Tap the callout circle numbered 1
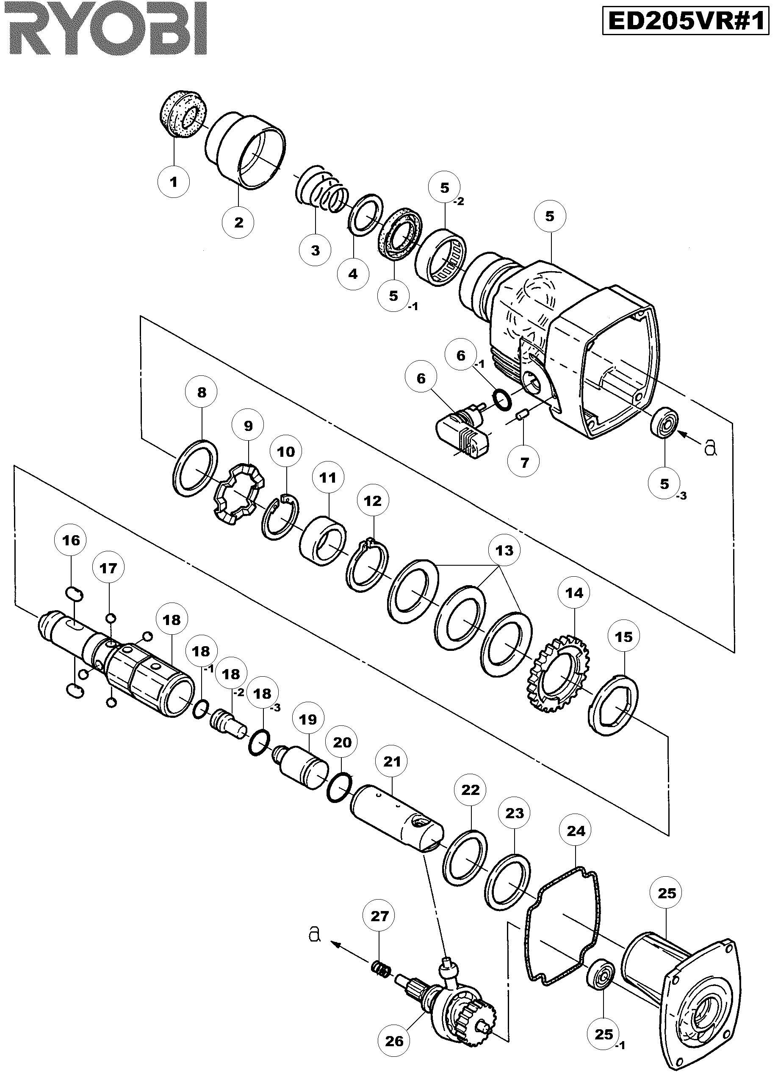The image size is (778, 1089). [173, 182]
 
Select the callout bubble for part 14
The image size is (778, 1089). [574, 593]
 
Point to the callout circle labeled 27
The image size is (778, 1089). [379, 917]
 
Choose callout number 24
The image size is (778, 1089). [576, 831]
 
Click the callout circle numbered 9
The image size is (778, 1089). [248, 425]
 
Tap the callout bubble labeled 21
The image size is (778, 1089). [392, 761]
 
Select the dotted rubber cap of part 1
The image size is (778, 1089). [183, 114]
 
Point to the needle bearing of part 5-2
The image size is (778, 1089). [441, 259]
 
